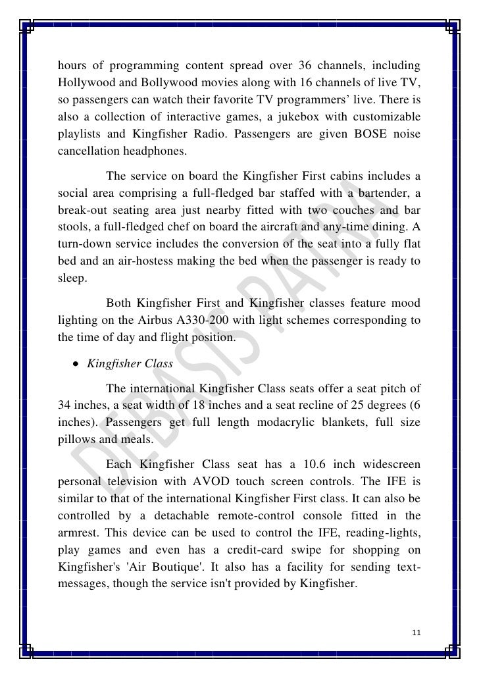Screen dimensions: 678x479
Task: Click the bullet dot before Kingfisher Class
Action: (77, 363)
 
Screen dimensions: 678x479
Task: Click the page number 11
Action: (415, 633)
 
